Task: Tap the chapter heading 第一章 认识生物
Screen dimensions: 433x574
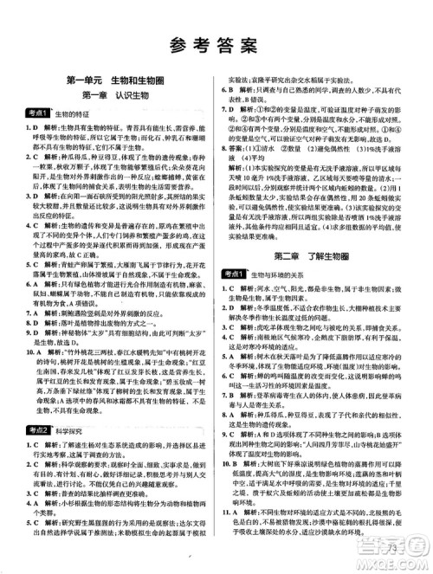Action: pyautogui.click(x=111, y=97)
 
